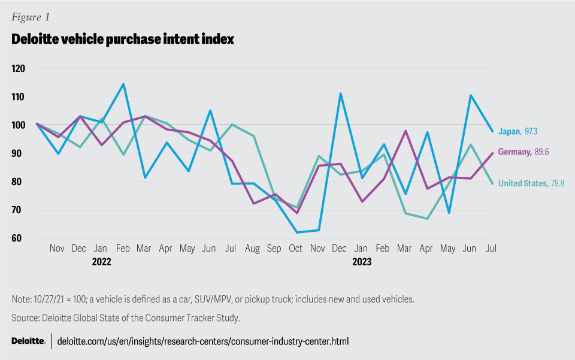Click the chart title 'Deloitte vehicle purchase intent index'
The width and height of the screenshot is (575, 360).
tap(123, 40)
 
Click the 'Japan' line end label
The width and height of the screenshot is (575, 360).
tap(510, 131)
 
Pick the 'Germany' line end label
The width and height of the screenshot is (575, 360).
tap(516, 152)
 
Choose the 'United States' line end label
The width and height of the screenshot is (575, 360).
tap(522, 183)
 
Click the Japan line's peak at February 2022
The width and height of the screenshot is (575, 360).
tap(123, 84)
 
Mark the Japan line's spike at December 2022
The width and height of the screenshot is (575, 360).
tap(340, 93)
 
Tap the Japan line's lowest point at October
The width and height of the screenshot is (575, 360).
tap(296, 232)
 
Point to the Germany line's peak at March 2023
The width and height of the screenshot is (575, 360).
tap(405, 131)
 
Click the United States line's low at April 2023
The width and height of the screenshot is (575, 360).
tap(427, 219)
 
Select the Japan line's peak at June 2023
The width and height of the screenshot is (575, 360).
tap(471, 95)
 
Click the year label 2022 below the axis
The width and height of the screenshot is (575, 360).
tap(102, 262)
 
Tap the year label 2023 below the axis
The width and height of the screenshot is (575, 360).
tap(362, 262)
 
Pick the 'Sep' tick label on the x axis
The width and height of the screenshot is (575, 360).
tap(274, 248)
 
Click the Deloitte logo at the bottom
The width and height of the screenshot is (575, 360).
tap(28, 341)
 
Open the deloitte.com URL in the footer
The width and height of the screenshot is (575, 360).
tap(202, 341)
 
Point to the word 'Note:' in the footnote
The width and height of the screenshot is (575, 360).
tap(23, 299)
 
